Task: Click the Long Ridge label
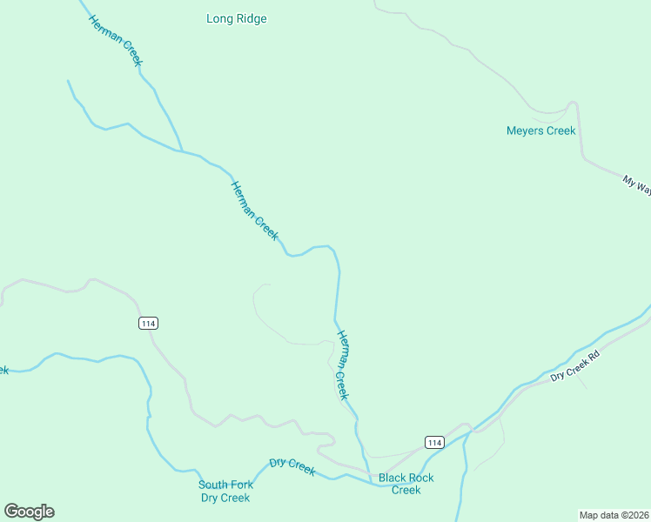(237, 18)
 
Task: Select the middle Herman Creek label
(254, 211)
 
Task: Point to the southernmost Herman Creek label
(343, 365)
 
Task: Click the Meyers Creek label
(540, 130)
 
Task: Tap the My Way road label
(636, 187)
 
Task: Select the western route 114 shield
(148, 323)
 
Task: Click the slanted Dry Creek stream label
(292, 467)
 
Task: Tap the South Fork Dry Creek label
(225, 492)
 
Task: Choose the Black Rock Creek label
(406, 484)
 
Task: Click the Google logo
(29, 512)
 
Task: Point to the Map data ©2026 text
(614, 514)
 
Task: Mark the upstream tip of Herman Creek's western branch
(68, 81)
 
